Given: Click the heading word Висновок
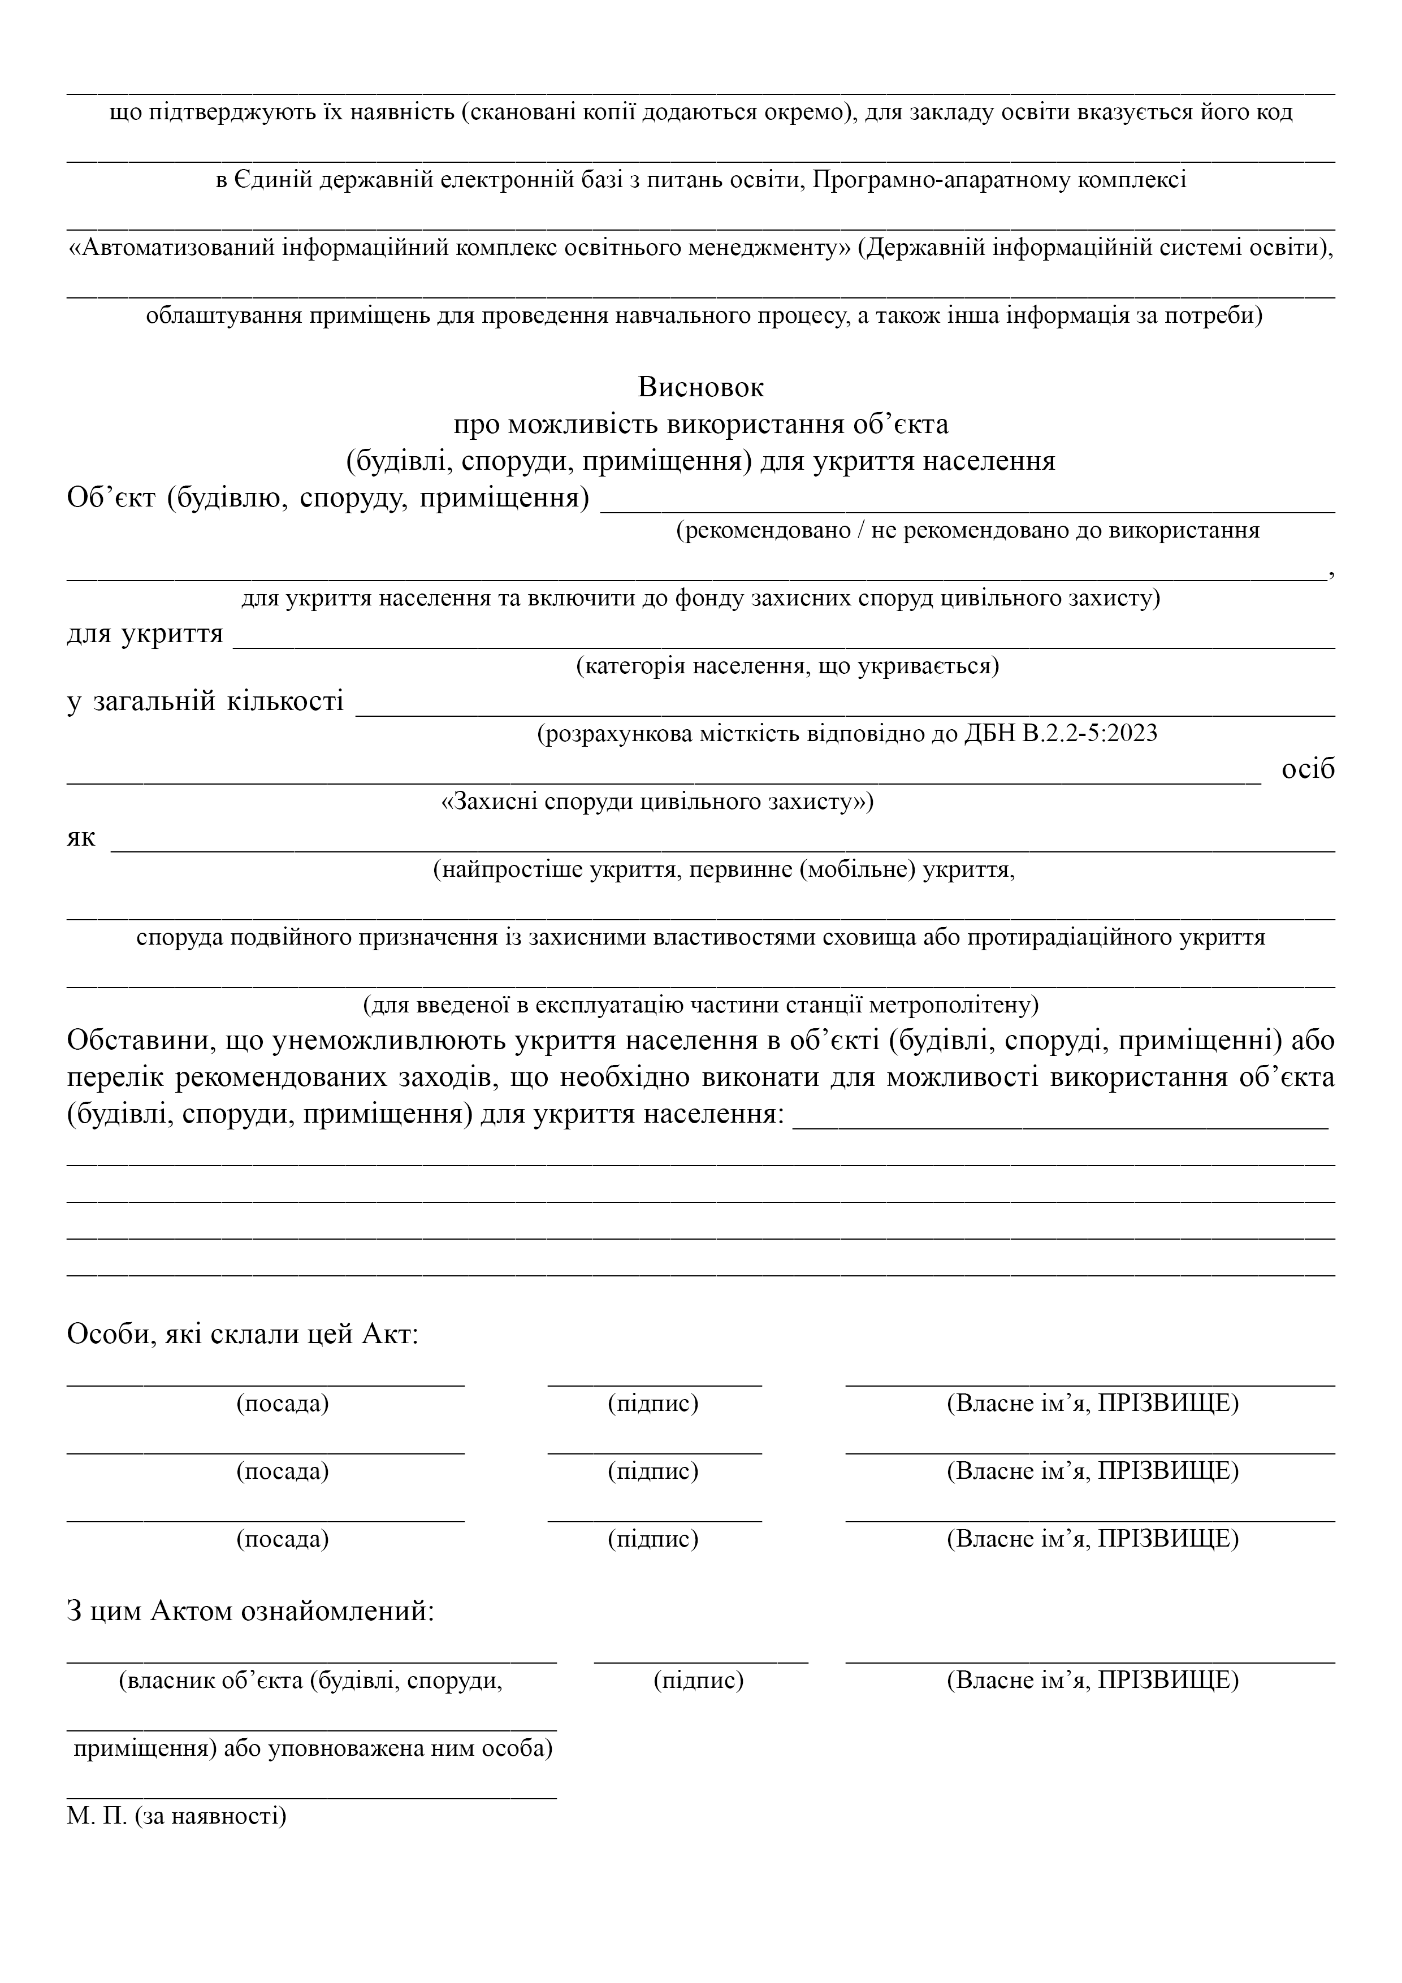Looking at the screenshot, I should pos(700,387).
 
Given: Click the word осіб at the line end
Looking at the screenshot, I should pos(1308,769).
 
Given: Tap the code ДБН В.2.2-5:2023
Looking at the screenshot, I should pos(1060,734).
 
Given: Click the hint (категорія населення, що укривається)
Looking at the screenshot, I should pos(787,666).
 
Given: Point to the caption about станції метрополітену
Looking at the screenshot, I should pos(700,1005).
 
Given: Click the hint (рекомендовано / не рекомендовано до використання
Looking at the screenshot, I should pos(967,530).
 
